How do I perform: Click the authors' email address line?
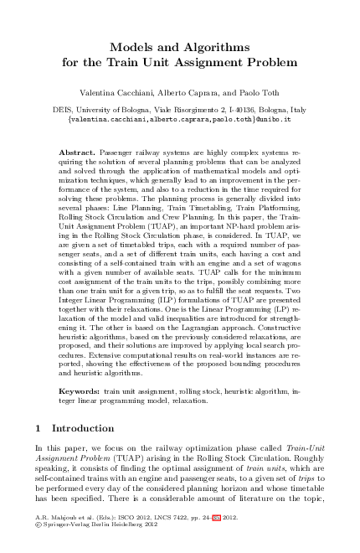coord(179,119)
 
